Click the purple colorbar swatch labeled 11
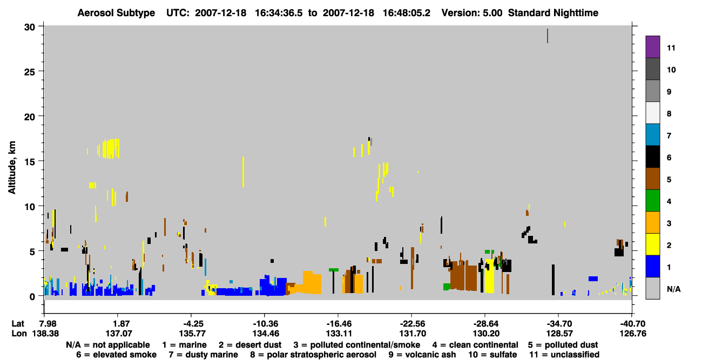[652, 46]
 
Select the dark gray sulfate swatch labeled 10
[652, 69]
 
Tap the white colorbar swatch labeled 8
[652, 112]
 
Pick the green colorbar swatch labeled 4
[652, 200]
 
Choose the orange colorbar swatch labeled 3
[652, 222]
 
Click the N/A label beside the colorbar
[673, 289]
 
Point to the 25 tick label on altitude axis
[30, 72]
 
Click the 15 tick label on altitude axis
[30, 162]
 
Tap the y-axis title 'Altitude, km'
[12, 168]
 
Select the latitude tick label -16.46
[339, 323]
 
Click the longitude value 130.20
[486, 334]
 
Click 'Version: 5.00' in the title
[472, 13]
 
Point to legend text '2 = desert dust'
[250, 345]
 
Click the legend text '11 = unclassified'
[564, 355]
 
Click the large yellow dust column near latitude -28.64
[490, 276]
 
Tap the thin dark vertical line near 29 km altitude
[548, 36]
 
